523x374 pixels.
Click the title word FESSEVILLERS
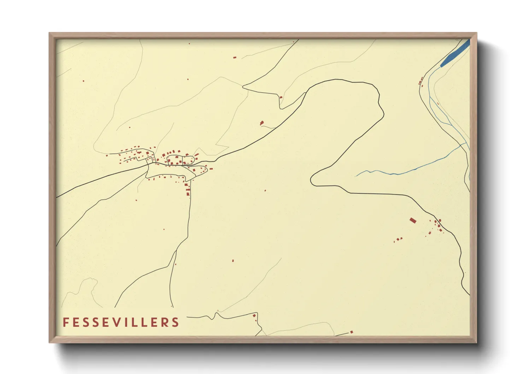click(x=121, y=322)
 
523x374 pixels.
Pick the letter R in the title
click(x=164, y=322)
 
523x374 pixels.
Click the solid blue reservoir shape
click(x=456, y=53)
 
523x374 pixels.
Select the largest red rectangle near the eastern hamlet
click(x=413, y=221)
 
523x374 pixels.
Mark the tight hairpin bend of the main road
click(x=312, y=180)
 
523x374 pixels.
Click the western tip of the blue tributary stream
click(x=356, y=176)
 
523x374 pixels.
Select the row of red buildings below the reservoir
click(x=421, y=82)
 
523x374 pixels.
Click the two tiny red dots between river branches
click(x=438, y=104)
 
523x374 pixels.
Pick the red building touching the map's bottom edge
click(x=351, y=332)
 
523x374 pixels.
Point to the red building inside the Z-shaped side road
click(x=281, y=97)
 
